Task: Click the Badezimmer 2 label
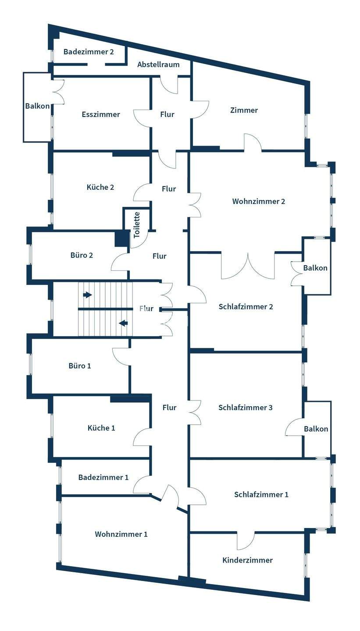[x=89, y=52]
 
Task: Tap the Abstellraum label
[x=158, y=64]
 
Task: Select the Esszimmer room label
[x=101, y=114]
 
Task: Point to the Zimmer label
[x=244, y=110]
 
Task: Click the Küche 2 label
[x=100, y=188]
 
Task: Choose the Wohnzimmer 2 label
[x=259, y=202]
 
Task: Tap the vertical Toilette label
[x=137, y=225]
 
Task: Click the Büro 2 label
[x=82, y=255]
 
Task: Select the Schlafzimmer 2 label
[x=246, y=306]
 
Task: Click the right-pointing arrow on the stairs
[x=87, y=295]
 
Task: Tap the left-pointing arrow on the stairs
[x=123, y=323]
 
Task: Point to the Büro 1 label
[x=80, y=365]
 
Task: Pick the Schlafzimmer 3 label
[x=246, y=408]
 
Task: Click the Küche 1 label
[x=101, y=428]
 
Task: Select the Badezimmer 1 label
[x=103, y=477]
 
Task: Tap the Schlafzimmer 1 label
[x=261, y=494]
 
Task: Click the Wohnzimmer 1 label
[x=121, y=534]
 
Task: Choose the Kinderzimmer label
[x=247, y=560]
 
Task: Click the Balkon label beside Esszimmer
[x=38, y=106]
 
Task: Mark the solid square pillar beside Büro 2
[x=121, y=238]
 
